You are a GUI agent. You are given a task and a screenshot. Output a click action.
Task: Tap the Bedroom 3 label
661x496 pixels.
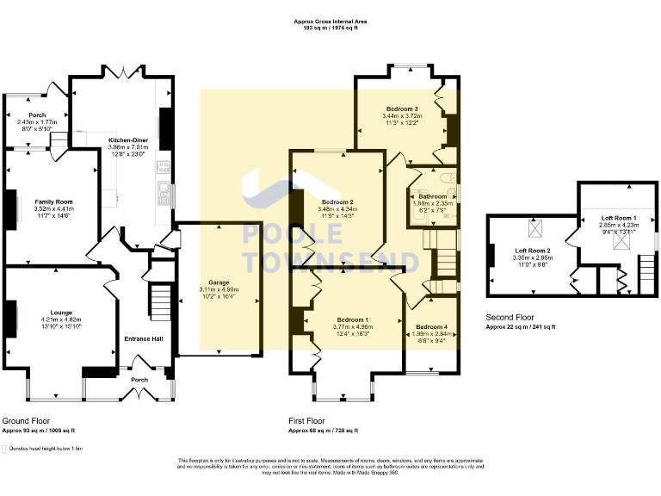point(401,108)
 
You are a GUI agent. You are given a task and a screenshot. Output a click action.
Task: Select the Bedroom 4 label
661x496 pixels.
point(431,327)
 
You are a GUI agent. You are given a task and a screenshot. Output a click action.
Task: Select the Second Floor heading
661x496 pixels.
point(510,317)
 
